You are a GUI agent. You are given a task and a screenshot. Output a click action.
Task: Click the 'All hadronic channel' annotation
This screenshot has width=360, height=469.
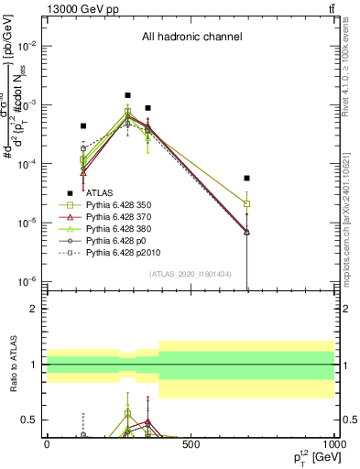point(191,37)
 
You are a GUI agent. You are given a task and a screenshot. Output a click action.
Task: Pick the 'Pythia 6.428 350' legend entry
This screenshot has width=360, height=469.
point(125,206)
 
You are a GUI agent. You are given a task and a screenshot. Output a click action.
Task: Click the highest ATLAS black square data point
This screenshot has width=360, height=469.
point(128,94)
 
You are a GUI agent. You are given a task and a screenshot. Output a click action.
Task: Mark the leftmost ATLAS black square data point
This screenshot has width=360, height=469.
point(83,125)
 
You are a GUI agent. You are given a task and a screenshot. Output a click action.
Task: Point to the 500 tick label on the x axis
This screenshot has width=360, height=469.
point(191,444)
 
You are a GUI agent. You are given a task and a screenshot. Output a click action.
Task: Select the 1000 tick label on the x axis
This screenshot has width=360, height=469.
point(332,444)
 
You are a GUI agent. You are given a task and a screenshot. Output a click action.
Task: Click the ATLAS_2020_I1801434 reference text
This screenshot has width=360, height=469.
point(191,274)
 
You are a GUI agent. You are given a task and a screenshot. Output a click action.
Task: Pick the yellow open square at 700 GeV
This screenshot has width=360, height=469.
point(247,203)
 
